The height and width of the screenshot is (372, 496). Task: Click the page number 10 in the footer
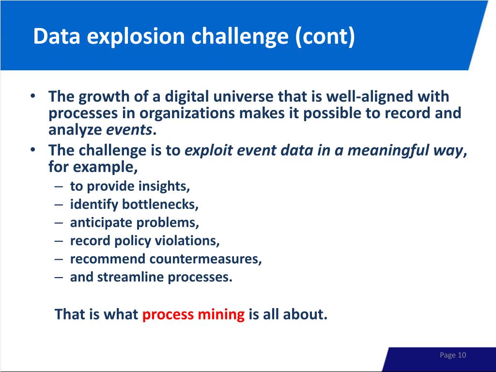462,355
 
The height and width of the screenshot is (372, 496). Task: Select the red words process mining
193,315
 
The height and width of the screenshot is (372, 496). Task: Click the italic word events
129,130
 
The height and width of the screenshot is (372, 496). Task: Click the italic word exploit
208,151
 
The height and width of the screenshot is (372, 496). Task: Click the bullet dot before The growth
32,95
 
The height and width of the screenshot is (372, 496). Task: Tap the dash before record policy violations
59,241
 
